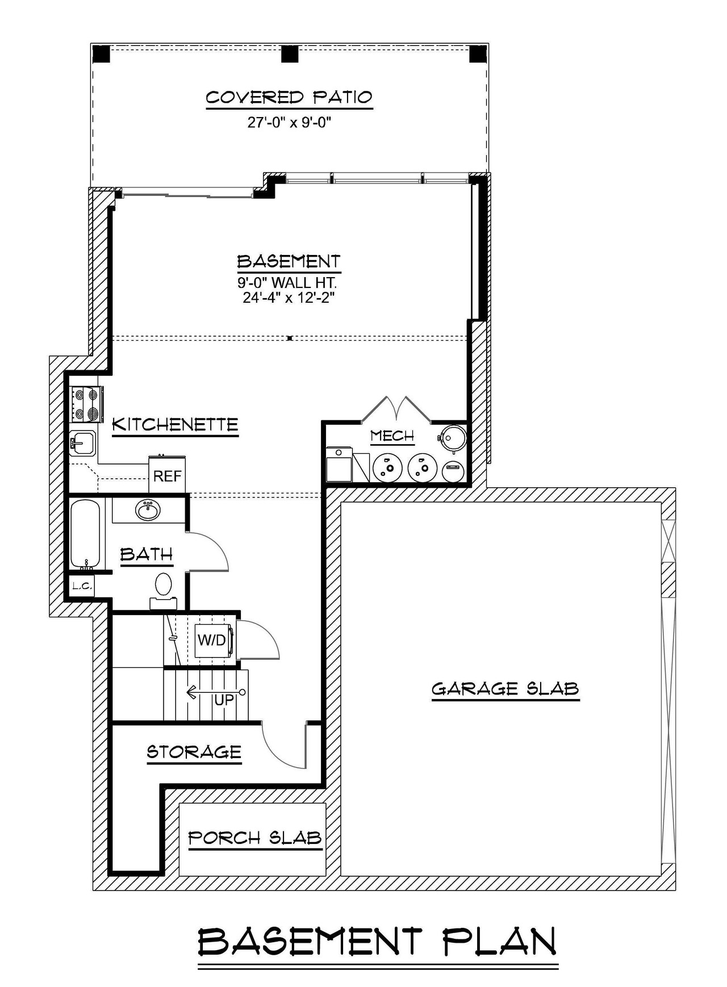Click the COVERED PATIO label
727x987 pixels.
(289, 98)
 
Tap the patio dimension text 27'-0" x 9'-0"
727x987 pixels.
(289, 123)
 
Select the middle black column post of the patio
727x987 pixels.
(290, 55)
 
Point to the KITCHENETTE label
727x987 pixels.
(175, 425)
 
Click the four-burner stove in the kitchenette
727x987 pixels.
(86, 404)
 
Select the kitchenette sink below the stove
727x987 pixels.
(83, 443)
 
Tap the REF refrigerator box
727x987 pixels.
(167, 475)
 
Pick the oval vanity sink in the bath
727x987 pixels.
(148, 509)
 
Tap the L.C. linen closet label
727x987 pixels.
(82, 586)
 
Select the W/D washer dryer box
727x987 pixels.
(212, 640)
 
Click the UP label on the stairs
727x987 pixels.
(224, 700)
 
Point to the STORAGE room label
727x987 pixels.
(194, 752)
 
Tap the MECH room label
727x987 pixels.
(392, 436)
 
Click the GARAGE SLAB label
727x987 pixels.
(505, 689)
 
